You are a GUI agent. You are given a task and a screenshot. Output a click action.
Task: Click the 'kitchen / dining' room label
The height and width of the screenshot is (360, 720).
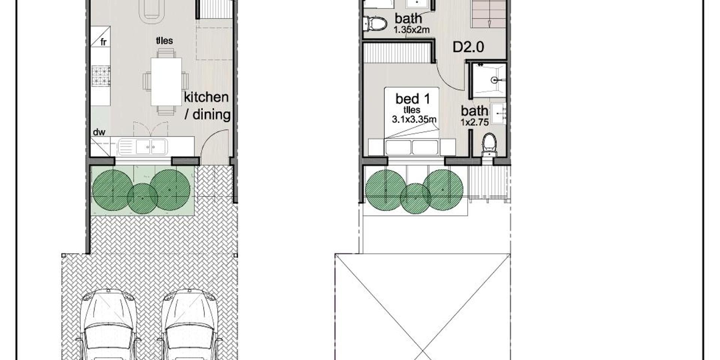click(x=207, y=106)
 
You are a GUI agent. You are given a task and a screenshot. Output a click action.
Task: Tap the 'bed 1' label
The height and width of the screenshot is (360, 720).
click(x=412, y=99)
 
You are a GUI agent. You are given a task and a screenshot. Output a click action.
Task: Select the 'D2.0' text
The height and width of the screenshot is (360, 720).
click(x=468, y=47)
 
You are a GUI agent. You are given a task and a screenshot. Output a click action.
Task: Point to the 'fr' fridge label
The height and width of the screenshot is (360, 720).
click(x=103, y=42)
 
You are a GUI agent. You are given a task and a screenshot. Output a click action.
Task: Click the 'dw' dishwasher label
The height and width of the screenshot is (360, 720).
click(x=99, y=132)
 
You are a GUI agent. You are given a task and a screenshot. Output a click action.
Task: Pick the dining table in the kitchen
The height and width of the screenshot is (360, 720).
click(x=166, y=81)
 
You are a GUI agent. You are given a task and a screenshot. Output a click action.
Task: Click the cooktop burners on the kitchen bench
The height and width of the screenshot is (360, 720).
click(x=100, y=76)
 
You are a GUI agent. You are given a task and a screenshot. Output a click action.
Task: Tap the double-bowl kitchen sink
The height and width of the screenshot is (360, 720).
click(x=142, y=147)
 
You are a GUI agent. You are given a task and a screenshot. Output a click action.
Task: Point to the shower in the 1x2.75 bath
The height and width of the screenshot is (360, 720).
click(x=489, y=80)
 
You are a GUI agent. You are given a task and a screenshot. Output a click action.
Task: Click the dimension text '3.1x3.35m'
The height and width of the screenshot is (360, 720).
click(x=414, y=120)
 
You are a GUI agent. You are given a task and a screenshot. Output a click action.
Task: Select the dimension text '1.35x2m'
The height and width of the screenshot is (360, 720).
click(x=411, y=30)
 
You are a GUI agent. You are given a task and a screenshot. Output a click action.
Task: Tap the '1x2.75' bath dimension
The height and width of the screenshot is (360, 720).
click(x=474, y=122)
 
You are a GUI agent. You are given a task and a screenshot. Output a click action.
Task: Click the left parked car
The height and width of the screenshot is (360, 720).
click(x=108, y=324)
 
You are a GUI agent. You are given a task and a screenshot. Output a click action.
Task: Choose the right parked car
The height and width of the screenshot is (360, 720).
click(x=190, y=324)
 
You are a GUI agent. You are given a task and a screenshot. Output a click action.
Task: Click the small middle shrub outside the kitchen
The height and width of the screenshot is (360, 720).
click(x=142, y=198)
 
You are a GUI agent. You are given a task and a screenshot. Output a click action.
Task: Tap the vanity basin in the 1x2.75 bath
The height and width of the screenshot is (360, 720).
click(x=499, y=114)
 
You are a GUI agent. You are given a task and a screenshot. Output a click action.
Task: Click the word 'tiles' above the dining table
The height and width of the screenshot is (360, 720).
click(x=165, y=40)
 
